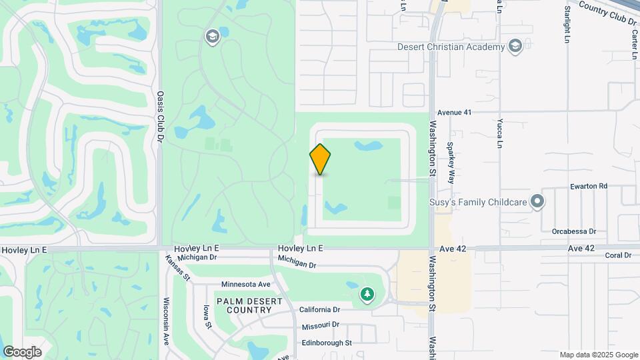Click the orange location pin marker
321,159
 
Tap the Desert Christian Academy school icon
515,46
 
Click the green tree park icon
367,294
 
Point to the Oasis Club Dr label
159,117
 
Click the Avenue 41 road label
454,112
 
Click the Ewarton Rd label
589,186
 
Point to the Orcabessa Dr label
573,231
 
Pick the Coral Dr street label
618,255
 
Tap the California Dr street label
320,309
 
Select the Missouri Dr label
321,325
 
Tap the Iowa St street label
207,316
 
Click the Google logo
22,351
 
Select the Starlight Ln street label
567,25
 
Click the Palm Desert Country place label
249,305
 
